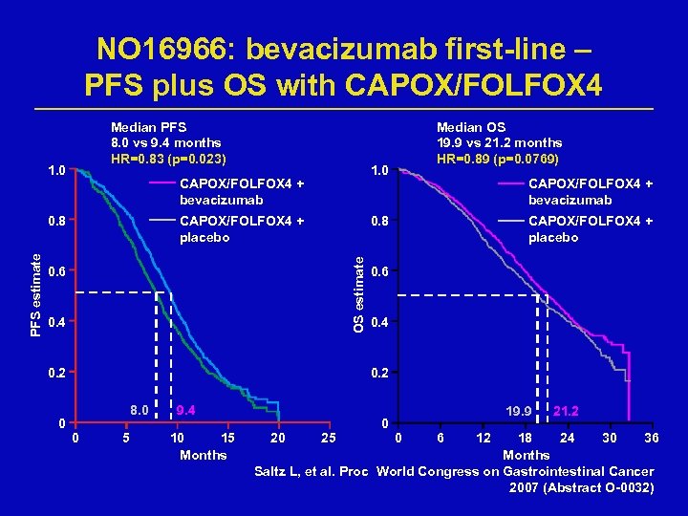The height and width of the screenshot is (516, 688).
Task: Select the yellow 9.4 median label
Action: (184, 412)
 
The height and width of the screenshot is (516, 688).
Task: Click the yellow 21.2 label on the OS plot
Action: (570, 412)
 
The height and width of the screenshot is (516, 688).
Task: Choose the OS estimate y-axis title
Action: (358, 287)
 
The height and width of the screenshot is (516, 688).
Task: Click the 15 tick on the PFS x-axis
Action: (227, 439)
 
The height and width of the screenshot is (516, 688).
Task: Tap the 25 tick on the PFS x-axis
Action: (327, 439)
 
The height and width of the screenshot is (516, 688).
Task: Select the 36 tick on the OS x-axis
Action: (652, 439)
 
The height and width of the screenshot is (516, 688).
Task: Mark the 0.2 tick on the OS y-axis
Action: (381, 373)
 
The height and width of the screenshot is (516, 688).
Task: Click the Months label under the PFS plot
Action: (203, 455)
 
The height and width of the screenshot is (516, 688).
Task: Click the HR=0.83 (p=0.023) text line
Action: (168, 158)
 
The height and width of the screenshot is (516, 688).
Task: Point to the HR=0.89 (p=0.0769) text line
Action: (498, 158)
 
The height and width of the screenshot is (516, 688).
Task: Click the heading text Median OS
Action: (471, 127)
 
